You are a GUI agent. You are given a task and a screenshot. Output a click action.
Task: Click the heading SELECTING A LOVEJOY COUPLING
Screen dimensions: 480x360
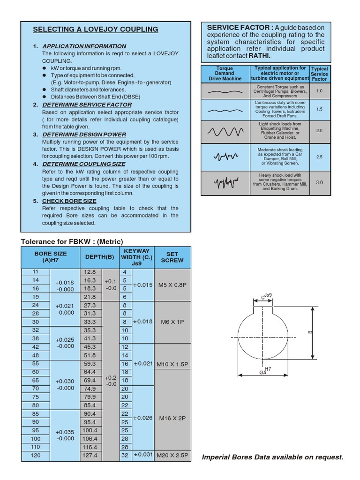pyautogui.click(x=95, y=30)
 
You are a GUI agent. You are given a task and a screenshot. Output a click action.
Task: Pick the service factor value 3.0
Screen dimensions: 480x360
pyautogui.click(x=319, y=183)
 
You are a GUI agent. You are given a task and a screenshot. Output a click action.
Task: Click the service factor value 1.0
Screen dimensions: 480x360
pyautogui.click(x=319, y=91)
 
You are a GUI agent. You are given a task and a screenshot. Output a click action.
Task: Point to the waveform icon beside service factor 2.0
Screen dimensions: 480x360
pyautogui.click(x=225, y=132)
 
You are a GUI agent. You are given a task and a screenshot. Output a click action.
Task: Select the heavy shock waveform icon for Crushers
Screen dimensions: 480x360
pyautogui.click(x=225, y=182)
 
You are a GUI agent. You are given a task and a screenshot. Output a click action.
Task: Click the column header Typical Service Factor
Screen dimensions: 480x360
pyautogui.click(x=319, y=74)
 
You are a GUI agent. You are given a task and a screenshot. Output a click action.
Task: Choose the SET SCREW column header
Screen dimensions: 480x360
pyautogui.click(x=172, y=257)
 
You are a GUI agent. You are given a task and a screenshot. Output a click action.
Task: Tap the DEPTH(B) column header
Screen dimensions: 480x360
pyautogui.click(x=99, y=257)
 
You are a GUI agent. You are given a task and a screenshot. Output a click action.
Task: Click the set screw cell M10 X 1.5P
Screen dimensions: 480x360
pyautogui.click(x=172, y=364)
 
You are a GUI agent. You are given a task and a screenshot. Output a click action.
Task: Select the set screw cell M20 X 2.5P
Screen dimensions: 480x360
pyautogui.click(x=172, y=455)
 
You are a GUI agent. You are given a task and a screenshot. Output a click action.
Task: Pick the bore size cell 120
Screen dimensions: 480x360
pyautogui.click(x=36, y=455)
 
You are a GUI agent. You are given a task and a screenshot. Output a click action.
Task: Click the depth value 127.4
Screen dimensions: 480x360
pyautogui.click(x=90, y=455)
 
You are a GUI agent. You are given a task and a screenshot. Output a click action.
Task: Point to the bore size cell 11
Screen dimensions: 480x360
pyautogui.click(x=36, y=272)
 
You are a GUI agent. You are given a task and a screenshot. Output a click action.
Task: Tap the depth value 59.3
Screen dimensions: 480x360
pyautogui.click(x=90, y=364)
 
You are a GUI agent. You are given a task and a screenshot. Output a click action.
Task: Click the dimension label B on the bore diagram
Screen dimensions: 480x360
pyautogui.click(x=310, y=332)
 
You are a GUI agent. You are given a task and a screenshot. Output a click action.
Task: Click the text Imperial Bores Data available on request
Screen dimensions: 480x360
pyautogui.click(x=272, y=457)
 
